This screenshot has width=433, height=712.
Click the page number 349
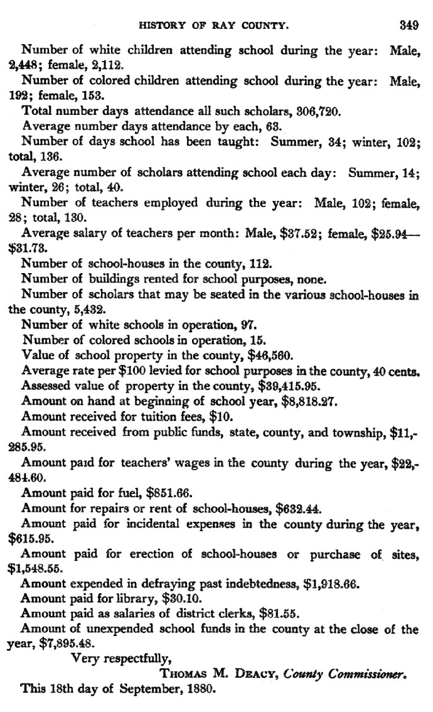(408, 26)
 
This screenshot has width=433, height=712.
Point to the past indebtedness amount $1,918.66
(331, 583)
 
